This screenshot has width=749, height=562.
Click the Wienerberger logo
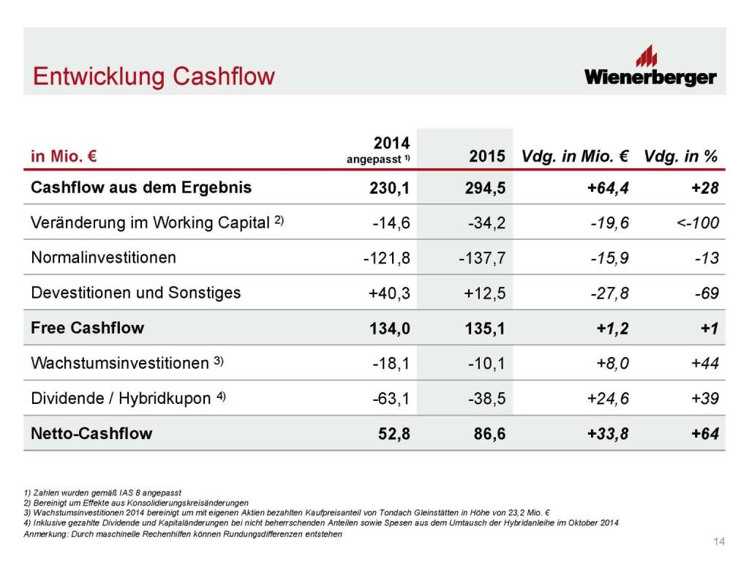pos(650,66)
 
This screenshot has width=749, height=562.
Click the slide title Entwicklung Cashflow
pos(154,76)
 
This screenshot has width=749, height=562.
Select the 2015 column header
pos(486,157)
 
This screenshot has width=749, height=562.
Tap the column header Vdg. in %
pos(681,157)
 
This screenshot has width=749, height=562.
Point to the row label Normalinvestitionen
pos(104,258)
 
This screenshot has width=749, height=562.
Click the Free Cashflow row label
pos(88,328)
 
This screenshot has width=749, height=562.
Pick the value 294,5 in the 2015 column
pos(486,188)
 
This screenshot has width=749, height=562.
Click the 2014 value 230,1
pos(389,188)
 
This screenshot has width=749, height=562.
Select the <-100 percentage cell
pos(697,222)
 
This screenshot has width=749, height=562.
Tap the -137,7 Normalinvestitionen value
pos(482,258)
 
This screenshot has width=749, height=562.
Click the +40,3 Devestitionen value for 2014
pos(389,293)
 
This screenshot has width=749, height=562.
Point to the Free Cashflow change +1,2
pos(612,329)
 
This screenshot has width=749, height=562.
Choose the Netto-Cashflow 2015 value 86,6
pos(489,434)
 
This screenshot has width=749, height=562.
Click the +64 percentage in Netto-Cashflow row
pos(705,434)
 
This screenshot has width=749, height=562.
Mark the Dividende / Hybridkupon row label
pos(128,398)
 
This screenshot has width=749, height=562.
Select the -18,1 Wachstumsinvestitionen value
pos(391,364)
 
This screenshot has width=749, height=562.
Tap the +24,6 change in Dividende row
pos(608,399)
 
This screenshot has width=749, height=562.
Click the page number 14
pos(719,542)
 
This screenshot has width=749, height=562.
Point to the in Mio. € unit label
pos(64,157)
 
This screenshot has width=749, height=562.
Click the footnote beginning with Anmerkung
pos(183,533)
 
